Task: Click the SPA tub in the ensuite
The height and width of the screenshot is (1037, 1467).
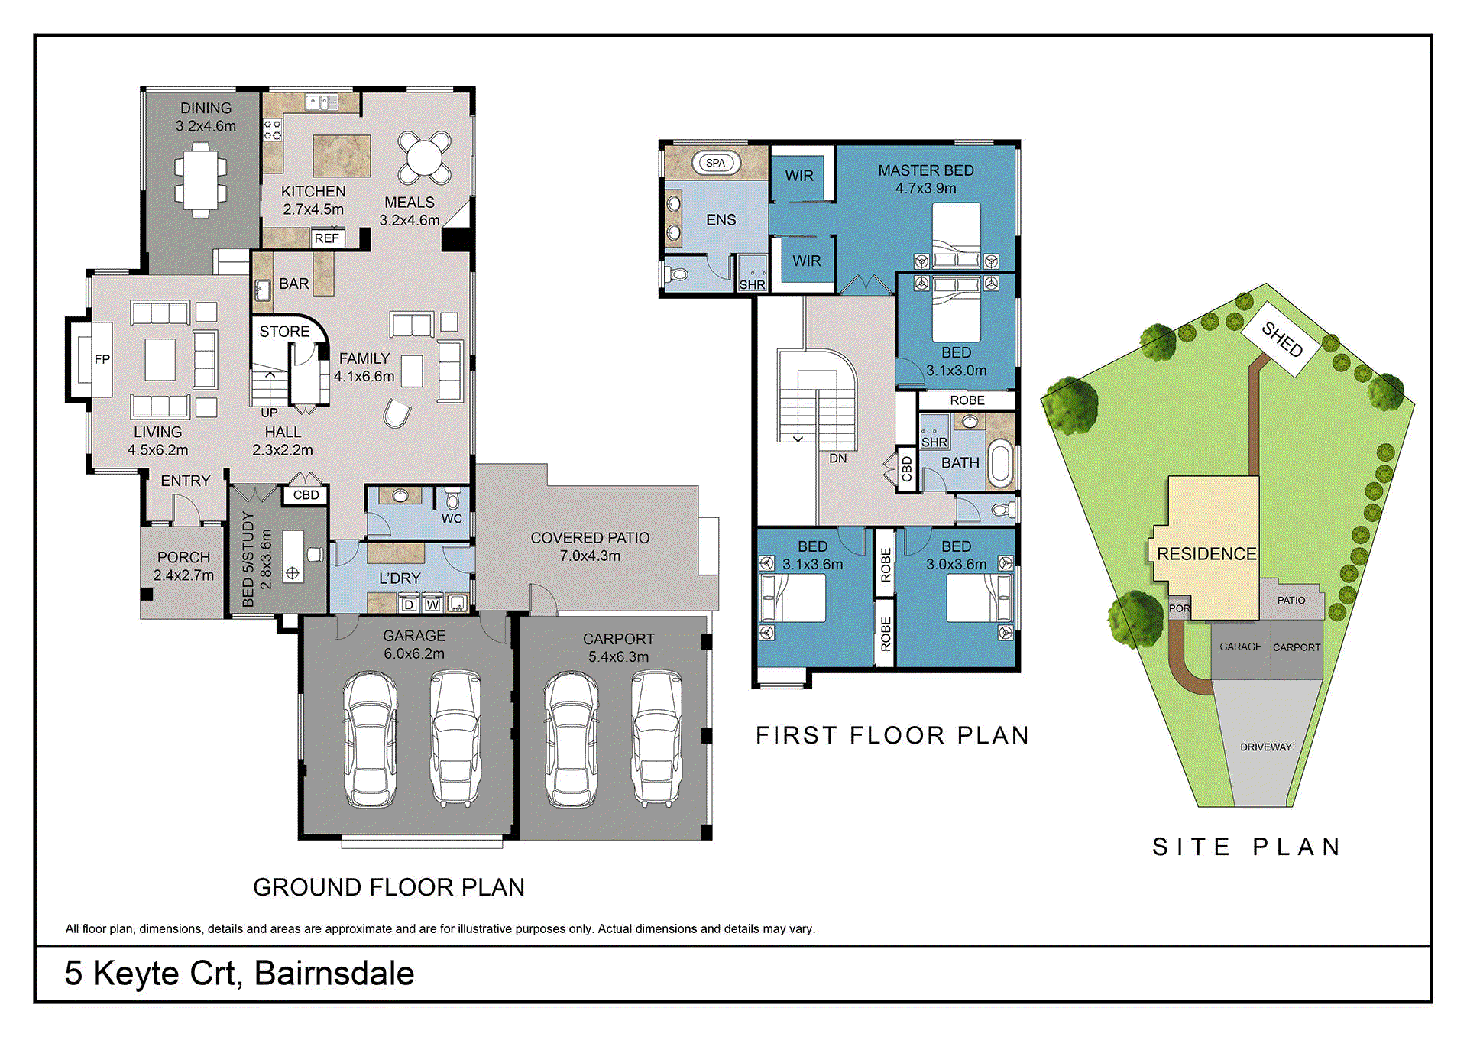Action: [715, 163]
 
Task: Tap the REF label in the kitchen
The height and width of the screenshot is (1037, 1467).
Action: [326, 238]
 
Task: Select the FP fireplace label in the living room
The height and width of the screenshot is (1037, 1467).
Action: [102, 359]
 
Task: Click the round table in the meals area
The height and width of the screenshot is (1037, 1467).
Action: [424, 157]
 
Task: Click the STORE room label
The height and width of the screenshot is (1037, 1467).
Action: [284, 332]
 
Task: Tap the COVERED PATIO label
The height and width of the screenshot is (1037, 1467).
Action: [590, 538]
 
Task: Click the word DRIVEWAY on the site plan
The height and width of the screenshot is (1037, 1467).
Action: [1265, 747]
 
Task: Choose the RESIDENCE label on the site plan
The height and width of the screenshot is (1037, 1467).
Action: [1206, 553]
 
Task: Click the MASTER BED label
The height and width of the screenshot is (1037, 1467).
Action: [925, 170]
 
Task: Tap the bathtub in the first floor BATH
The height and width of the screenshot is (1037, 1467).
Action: [999, 463]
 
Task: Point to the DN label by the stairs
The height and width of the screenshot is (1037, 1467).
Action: [837, 459]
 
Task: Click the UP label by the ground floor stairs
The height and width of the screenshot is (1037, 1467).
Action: [269, 413]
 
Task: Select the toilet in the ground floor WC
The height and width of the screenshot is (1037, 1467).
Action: [452, 500]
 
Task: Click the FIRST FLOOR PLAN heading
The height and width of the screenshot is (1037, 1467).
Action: [892, 735]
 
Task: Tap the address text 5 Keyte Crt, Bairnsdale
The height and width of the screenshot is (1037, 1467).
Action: [239, 973]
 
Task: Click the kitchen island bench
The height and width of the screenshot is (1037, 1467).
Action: [342, 156]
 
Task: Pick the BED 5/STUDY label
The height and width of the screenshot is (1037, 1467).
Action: [247, 559]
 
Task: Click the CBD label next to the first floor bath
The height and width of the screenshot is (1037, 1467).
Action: [906, 468]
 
